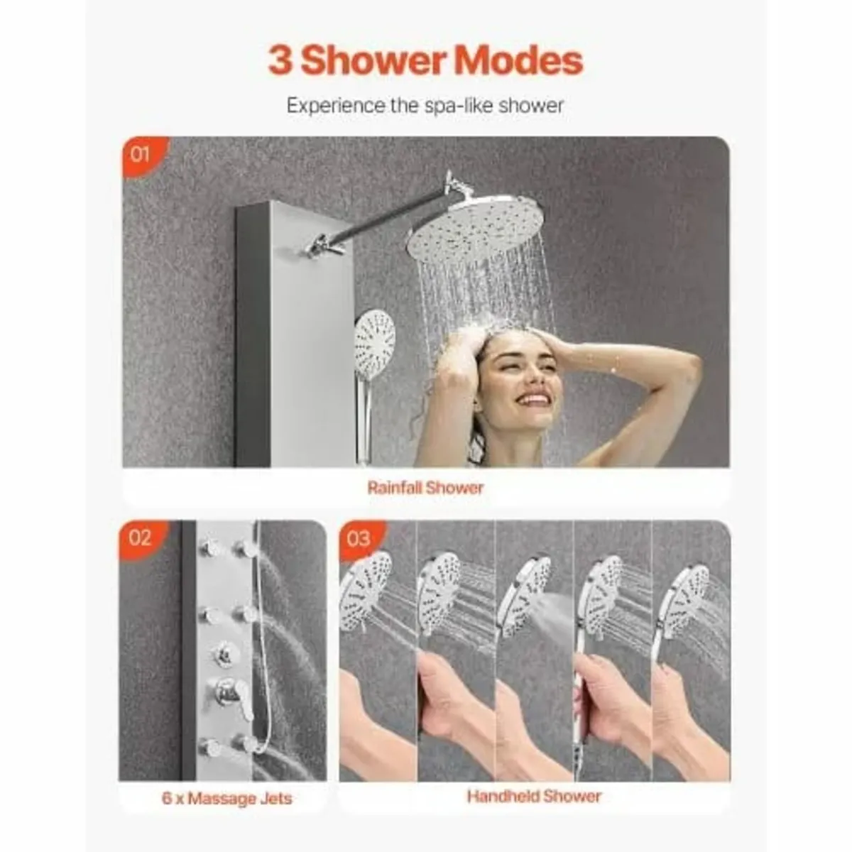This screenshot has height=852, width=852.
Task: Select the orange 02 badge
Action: click(x=140, y=537)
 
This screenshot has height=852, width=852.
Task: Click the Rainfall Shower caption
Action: click(x=425, y=488)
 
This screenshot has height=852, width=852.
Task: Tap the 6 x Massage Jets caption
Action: click(x=226, y=798)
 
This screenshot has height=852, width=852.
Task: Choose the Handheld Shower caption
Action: click(x=534, y=796)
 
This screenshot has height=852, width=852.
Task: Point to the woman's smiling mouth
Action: click(x=532, y=399)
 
